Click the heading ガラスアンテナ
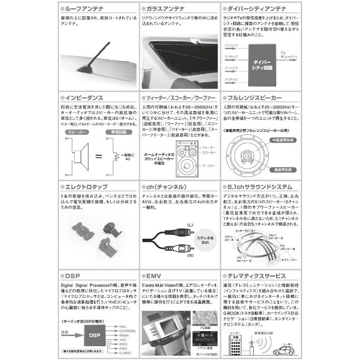coord(167,9)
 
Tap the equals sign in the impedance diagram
coord(98,156)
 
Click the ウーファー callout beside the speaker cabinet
coord(209,166)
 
